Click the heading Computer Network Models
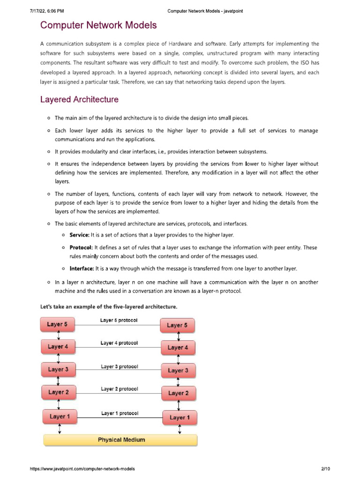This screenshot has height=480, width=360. tap(98, 25)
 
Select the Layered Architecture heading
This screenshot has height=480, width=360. tap(79, 100)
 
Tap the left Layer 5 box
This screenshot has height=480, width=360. tap(58, 324)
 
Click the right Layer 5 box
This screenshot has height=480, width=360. tap(177, 325)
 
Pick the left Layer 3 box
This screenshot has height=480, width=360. tap(58, 369)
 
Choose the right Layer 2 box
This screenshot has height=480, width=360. tap(178, 393)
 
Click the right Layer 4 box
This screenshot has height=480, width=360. tap(178, 348)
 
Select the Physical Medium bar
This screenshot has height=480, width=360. tap(120, 440)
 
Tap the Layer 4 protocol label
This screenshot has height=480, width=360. tap(119, 343)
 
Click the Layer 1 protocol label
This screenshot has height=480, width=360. tap(120, 413)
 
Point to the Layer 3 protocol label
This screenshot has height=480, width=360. tap(119, 367)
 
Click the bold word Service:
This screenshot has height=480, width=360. tap(82, 235)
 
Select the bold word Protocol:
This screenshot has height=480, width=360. tap(82, 247)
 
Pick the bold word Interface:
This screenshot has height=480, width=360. tap(82, 269)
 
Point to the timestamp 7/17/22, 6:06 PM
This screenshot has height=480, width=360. tap(46, 11)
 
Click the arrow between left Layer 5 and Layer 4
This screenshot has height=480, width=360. tap(58, 336)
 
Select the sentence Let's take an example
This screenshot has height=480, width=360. tap(108, 307)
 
